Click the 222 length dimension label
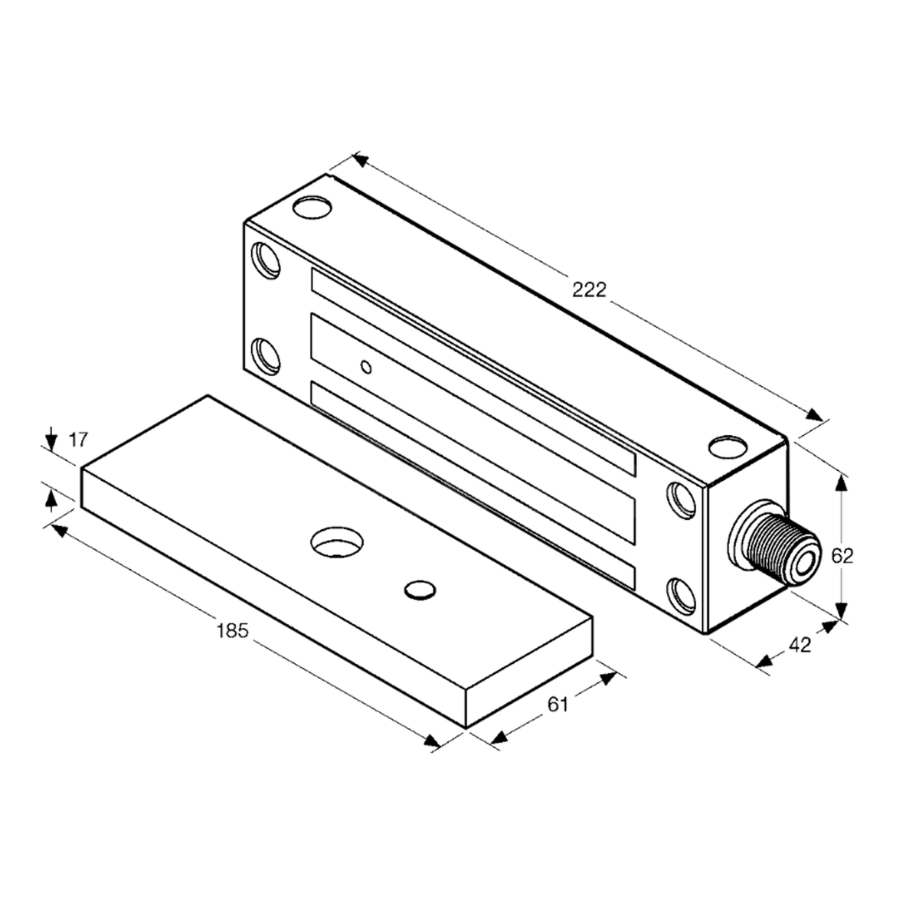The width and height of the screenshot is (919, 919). [589, 289]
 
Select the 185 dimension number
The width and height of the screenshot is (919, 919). [232, 630]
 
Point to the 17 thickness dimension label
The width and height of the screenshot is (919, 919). [79, 440]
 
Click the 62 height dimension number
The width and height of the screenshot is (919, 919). [842, 556]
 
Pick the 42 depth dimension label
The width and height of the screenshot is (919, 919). [800, 646]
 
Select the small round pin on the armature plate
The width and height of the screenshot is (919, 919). [418, 589]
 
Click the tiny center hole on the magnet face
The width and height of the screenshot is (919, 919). [367, 368]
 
